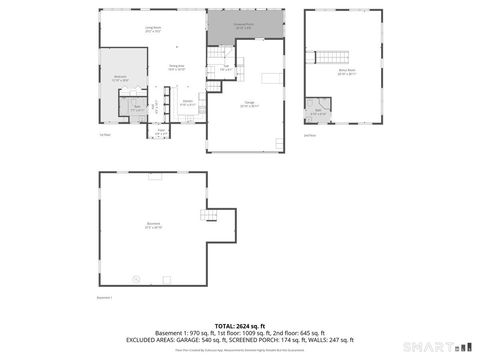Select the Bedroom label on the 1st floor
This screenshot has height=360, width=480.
click(120, 78)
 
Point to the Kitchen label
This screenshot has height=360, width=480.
click(187, 102)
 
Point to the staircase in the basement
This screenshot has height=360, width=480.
click(209, 217)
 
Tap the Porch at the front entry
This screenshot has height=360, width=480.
click(161, 131)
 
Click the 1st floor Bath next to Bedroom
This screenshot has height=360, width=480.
click(137, 108)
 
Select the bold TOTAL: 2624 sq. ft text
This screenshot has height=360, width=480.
click(240, 325)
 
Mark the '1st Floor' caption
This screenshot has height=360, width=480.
click(104, 135)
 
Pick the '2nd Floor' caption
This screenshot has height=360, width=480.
click(309, 135)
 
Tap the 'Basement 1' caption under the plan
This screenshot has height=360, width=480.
click(104, 297)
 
